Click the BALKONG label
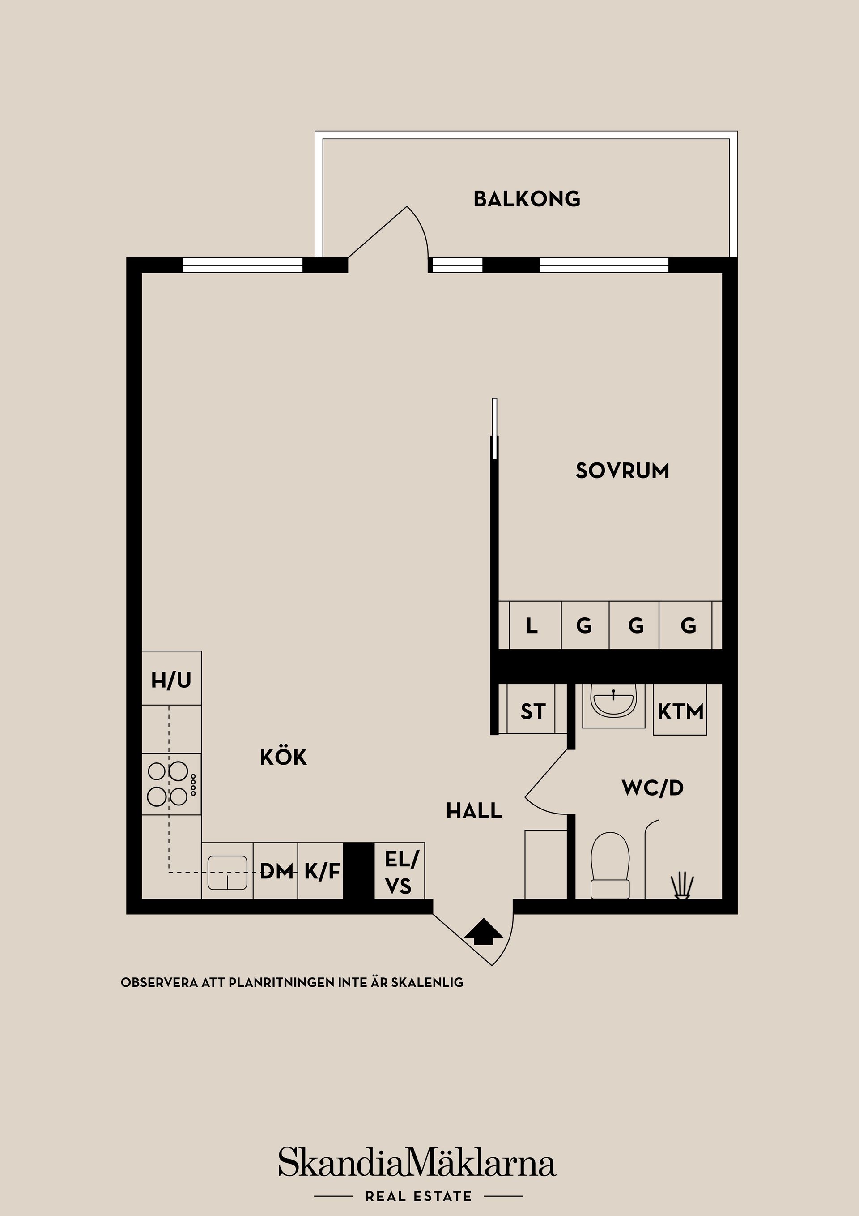(527, 199)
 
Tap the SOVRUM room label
(622, 471)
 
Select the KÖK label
(283, 758)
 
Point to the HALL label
(474, 811)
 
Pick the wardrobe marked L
(532, 626)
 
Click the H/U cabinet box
(171, 680)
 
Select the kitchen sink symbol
(227, 872)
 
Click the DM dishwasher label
(276, 870)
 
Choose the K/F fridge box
(321, 870)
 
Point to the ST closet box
(532, 711)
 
